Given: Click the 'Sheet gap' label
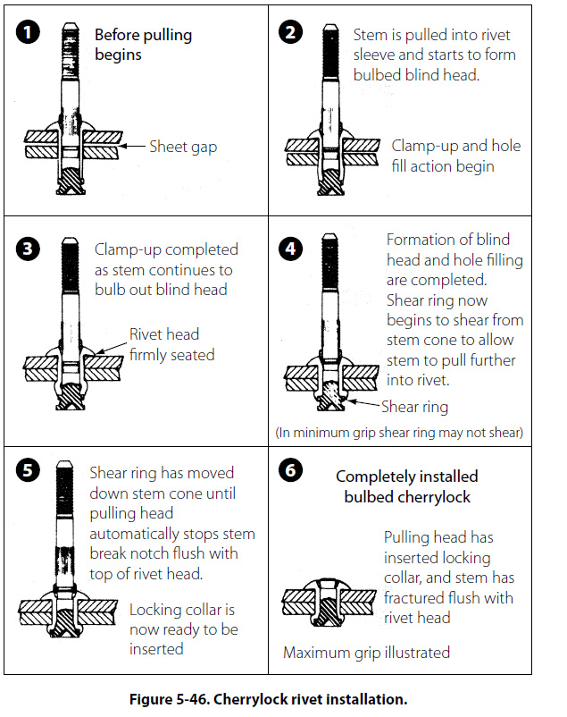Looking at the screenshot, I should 184,147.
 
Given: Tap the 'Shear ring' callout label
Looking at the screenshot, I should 413,407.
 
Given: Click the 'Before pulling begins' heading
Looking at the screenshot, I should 143,46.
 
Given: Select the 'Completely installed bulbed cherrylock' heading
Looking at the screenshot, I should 407,486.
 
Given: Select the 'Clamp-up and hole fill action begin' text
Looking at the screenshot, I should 455,156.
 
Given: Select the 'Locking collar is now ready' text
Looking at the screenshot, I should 182,629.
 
